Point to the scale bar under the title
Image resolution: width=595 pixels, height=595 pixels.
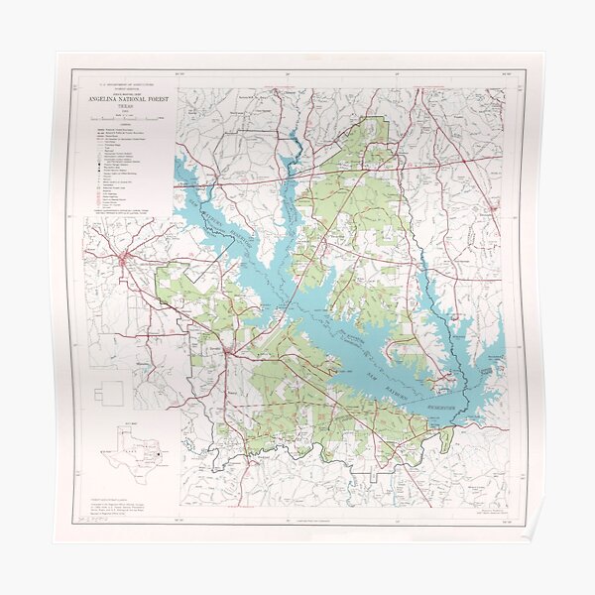tap(126, 117)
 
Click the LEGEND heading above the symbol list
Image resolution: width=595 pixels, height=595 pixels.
tap(126, 123)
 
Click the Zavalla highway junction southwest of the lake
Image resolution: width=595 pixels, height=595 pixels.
tap(229, 350)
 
